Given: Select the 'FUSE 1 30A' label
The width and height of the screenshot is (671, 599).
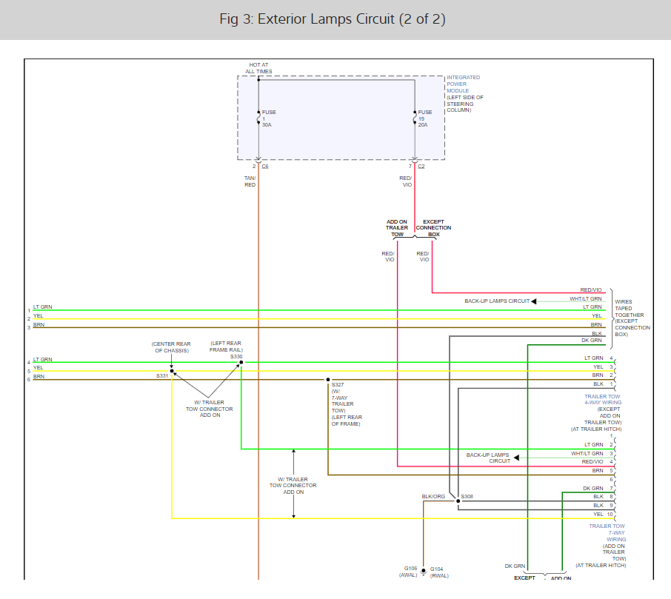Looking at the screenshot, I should point(268,118).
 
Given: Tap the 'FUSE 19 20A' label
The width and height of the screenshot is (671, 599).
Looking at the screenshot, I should point(423,118).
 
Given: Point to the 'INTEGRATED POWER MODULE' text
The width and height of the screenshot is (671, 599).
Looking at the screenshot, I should point(463,84).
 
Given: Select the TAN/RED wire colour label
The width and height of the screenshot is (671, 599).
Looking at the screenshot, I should point(250,181).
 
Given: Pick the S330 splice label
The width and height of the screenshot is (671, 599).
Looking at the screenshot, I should point(236,356).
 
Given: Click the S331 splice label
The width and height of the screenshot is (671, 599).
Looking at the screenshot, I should point(162,376).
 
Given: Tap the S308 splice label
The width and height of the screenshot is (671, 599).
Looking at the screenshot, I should point(467,496).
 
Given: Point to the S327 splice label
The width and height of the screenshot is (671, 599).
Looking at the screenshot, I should point(338,385).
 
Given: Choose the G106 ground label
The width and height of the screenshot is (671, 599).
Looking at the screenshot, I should point(410,569).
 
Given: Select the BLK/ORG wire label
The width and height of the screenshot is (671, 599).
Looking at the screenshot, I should point(433,497).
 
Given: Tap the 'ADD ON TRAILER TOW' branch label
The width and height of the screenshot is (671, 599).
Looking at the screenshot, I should point(397,228).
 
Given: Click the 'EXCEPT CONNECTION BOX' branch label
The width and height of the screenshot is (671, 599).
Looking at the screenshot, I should point(433,228).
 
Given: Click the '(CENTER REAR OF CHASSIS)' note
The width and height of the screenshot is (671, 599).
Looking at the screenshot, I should point(171,347).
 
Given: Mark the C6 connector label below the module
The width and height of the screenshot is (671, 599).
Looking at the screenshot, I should point(265,166).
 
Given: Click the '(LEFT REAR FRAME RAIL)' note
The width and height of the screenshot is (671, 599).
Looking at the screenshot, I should point(227,346).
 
